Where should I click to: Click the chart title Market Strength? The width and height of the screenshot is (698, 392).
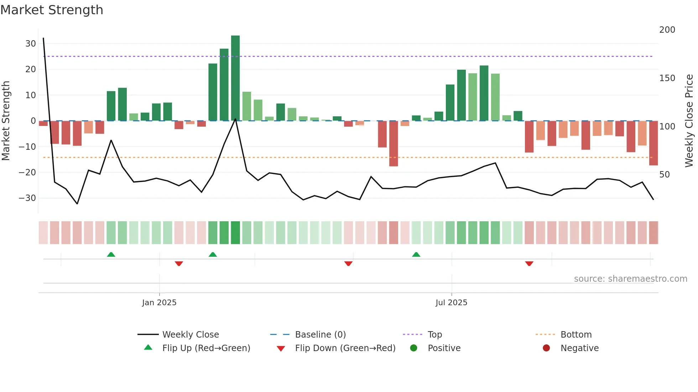tap(52, 10)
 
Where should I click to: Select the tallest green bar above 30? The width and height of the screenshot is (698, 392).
tap(235, 78)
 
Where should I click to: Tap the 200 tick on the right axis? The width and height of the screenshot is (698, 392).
tap(667, 30)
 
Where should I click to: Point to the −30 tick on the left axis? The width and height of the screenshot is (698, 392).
tap(27, 198)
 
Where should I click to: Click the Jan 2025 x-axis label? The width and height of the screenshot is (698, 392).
tap(159, 303)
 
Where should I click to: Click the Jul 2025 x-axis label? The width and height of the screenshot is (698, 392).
tap(451, 303)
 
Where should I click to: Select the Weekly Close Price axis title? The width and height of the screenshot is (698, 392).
tap(689, 121)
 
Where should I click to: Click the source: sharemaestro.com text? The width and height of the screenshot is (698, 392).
tap(630, 279)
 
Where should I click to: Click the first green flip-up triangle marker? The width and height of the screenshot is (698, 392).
tap(111, 255)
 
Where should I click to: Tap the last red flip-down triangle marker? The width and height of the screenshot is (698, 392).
tap(529, 264)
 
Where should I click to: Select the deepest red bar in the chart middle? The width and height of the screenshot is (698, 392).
tap(394, 143)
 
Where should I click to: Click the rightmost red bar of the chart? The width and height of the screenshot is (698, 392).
tap(653, 143)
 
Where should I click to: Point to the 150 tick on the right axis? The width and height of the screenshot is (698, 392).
tap(667, 78)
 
